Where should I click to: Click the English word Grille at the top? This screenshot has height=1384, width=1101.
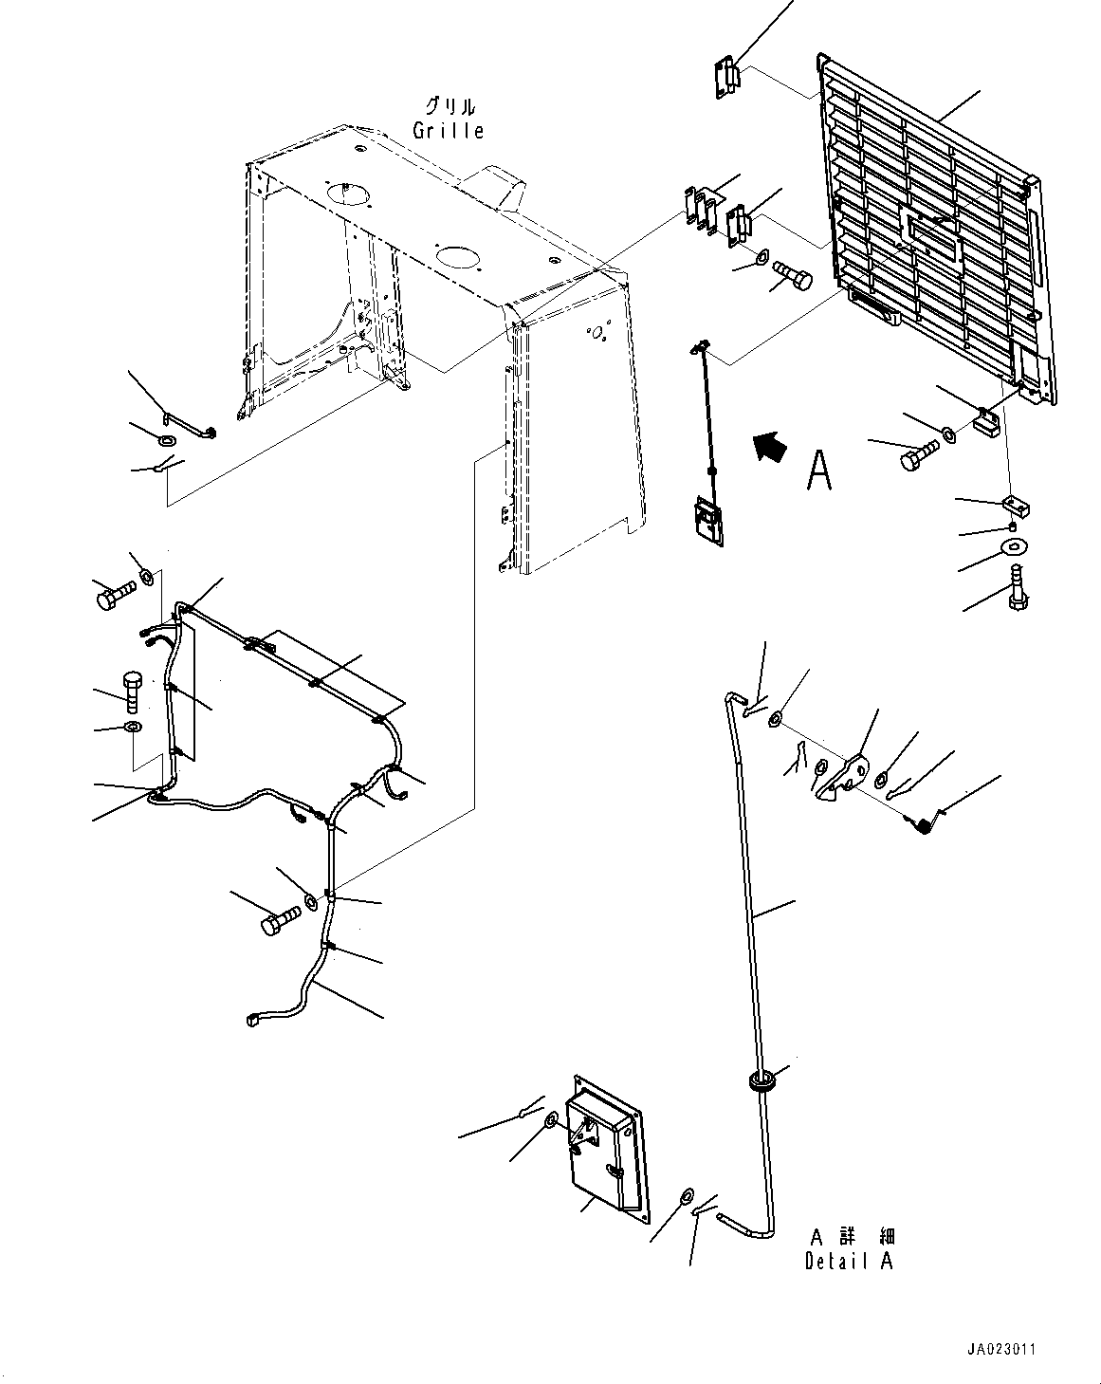[x=448, y=131]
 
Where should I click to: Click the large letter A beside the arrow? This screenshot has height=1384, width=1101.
[x=819, y=471]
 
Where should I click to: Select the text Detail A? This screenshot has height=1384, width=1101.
[x=850, y=1261]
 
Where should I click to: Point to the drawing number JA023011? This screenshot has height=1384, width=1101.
[x=1030, y=1345]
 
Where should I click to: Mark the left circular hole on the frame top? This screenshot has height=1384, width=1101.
[x=346, y=193]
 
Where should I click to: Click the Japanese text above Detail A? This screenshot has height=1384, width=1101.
[x=852, y=1236]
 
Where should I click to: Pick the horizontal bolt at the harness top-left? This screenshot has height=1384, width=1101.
[x=113, y=596]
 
